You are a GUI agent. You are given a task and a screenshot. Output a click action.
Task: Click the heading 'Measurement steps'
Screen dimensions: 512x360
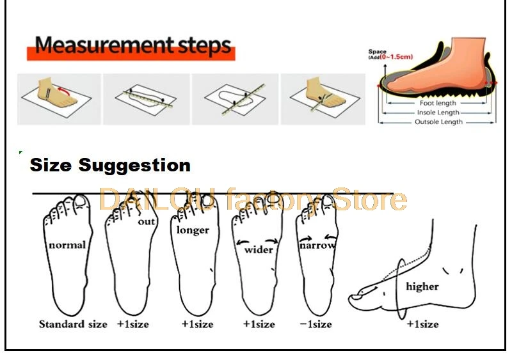pos(132,46)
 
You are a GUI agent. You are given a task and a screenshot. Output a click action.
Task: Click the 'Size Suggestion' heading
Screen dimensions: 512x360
pos(110,165)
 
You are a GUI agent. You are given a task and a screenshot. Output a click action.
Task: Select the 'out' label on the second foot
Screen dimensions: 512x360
pos(147,222)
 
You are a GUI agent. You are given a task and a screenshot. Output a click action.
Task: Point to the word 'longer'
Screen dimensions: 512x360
pos(192,229)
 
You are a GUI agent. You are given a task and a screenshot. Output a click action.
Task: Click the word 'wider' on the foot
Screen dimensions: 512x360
pos(259,249)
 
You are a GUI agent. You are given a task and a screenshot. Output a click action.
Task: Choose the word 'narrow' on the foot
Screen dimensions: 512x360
pos(317,244)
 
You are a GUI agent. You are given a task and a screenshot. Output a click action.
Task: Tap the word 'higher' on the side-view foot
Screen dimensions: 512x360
pos(422,286)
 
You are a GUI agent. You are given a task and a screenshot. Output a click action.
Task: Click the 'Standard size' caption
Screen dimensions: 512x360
pos(73,324)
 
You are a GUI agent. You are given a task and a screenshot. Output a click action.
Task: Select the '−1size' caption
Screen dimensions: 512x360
pos(316,324)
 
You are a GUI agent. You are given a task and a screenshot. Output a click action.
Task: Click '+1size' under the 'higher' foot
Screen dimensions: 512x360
pos(422,324)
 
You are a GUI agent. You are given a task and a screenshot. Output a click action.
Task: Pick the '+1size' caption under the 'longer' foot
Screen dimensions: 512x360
pos(197,324)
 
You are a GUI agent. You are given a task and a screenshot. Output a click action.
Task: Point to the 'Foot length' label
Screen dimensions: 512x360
pos(438,103)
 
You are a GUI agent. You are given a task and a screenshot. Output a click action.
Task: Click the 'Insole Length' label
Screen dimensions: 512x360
pos(438,113)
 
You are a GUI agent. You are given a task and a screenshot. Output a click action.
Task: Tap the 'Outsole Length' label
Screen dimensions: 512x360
pos(438,121)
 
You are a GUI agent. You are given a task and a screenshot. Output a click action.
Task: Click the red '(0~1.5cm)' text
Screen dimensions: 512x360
pos(397,57)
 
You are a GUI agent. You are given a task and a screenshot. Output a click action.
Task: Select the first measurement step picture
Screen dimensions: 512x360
pos(58,98)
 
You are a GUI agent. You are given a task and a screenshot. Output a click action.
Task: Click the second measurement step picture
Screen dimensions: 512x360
pos(145,98)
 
